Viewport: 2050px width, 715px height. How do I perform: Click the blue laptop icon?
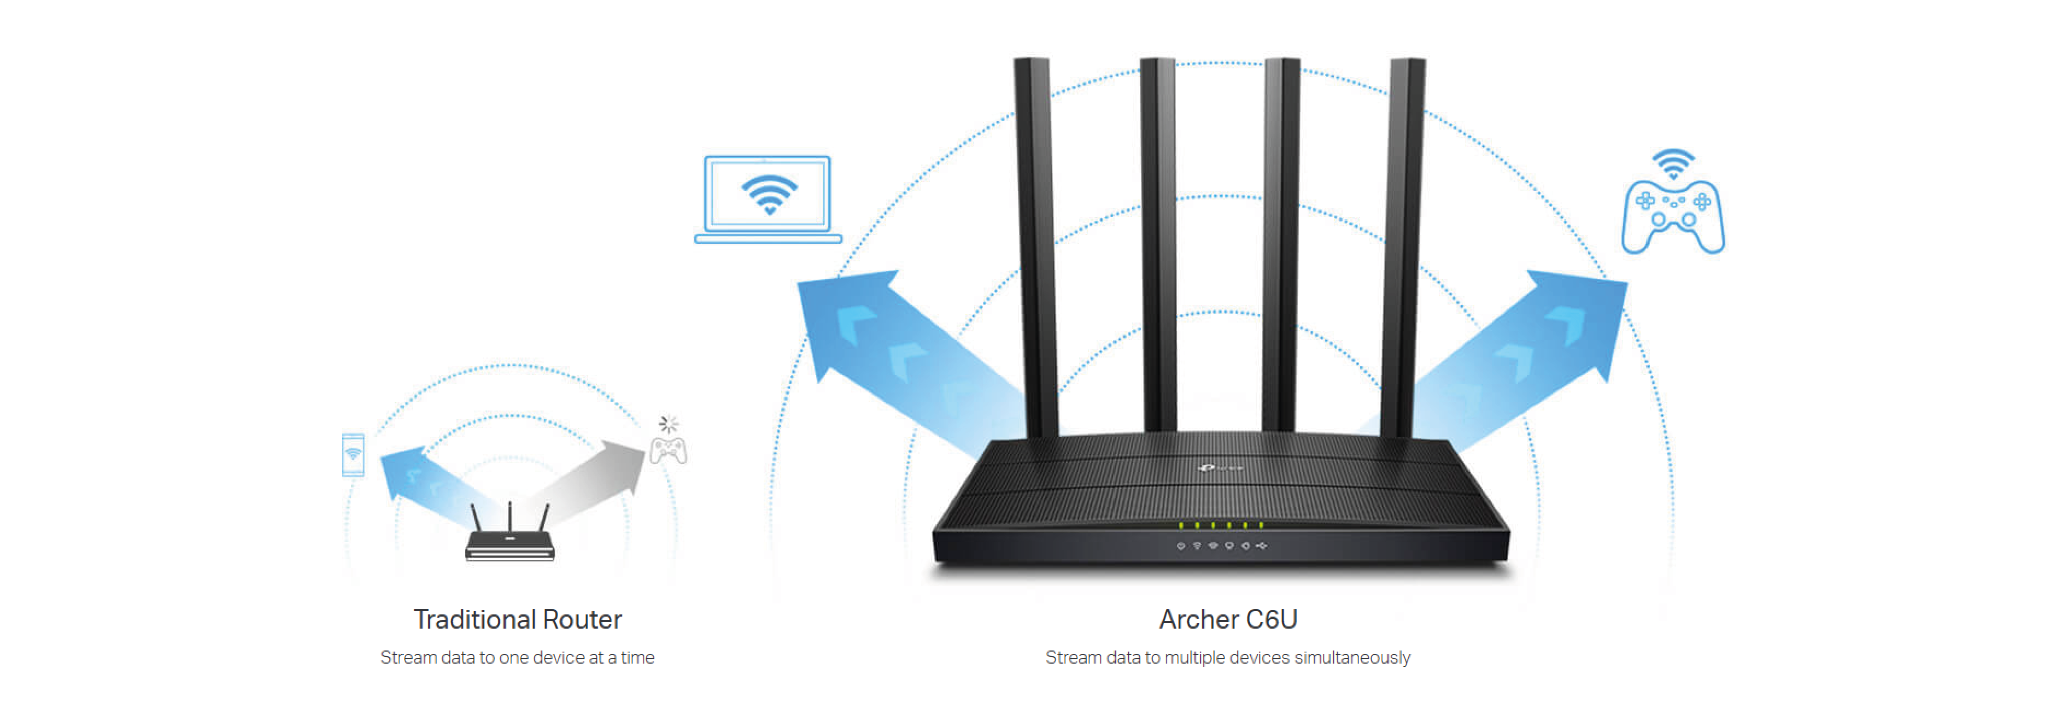[x=768, y=199]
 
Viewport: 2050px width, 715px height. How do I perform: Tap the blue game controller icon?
[x=1673, y=216]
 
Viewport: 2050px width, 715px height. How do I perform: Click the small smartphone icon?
[x=353, y=455]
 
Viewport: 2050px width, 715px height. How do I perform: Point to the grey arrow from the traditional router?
[x=589, y=485]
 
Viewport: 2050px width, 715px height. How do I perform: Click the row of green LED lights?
[x=1221, y=525]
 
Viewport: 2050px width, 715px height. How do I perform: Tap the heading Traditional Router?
[x=517, y=619]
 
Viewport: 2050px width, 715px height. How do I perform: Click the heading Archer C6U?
[x=1228, y=619]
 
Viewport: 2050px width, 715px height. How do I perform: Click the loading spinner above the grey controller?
[x=669, y=424]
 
